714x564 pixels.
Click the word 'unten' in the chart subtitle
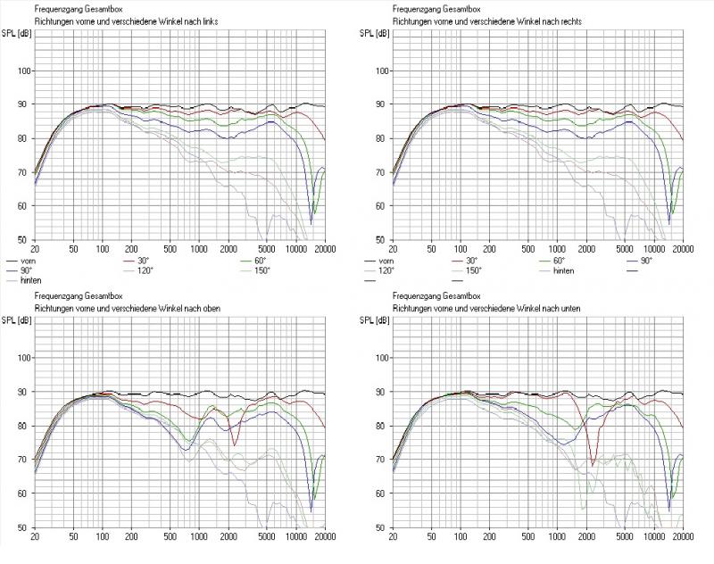563,307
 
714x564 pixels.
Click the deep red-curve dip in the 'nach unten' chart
594,464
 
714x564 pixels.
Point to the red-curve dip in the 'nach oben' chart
235,444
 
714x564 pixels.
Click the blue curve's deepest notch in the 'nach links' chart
311,222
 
